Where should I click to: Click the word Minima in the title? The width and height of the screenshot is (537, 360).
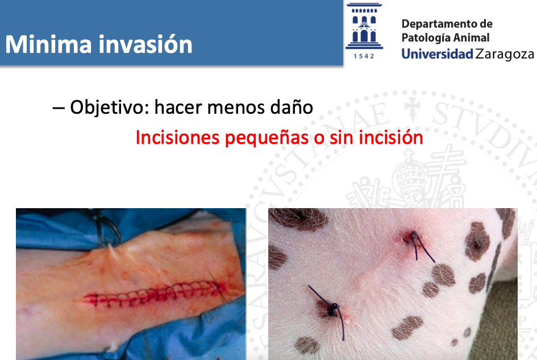[x=49, y=44]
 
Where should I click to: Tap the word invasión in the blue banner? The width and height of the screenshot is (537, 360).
[x=145, y=44]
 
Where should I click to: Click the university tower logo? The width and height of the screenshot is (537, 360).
[x=364, y=26]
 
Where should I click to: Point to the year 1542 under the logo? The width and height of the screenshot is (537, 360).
[x=364, y=56]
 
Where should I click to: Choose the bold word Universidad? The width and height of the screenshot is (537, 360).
[x=437, y=54]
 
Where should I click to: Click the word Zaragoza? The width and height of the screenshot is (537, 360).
[x=504, y=55]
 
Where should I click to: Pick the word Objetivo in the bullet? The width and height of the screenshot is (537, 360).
[x=106, y=107]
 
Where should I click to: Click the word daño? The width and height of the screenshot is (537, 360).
[x=292, y=107]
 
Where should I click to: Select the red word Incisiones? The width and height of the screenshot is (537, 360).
[x=177, y=138]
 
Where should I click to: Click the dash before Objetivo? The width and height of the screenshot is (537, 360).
[x=59, y=108]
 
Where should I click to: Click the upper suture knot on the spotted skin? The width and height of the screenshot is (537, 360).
[x=414, y=236]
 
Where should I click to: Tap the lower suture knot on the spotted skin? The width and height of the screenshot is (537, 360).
[x=333, y=308]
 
